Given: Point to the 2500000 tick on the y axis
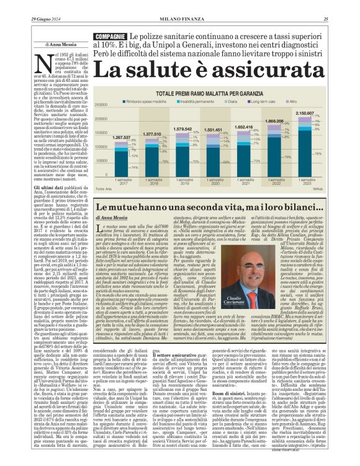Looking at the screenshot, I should (103, 106).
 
